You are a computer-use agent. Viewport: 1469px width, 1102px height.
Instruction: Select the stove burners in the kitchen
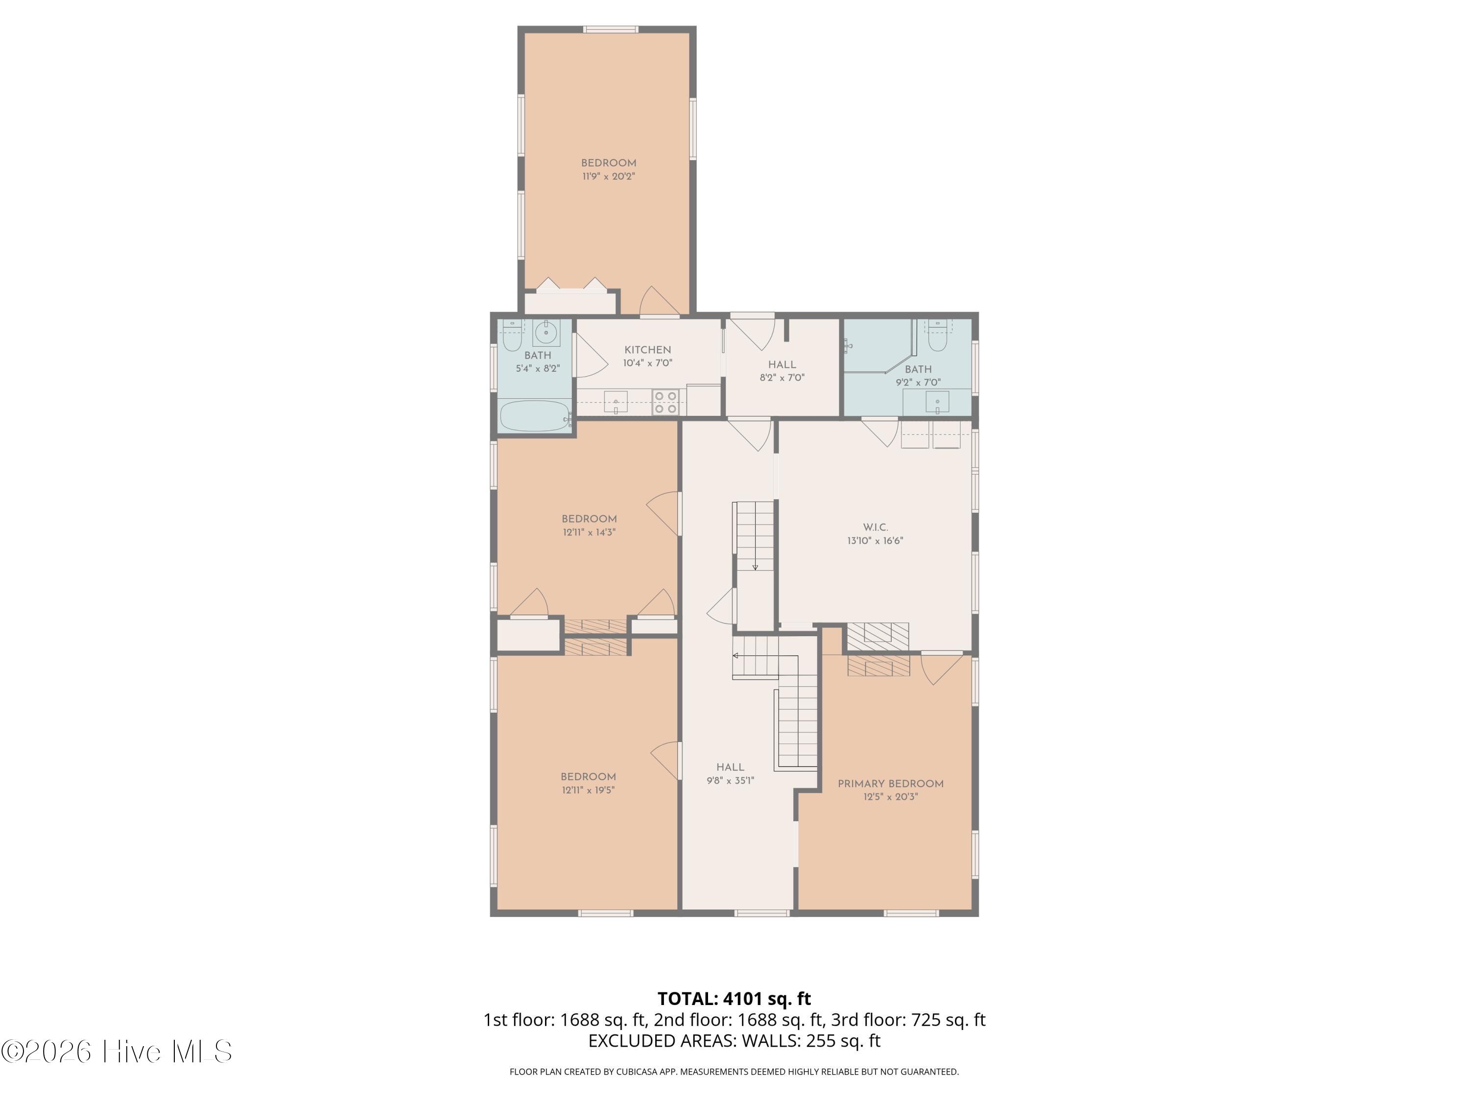pos(665,402)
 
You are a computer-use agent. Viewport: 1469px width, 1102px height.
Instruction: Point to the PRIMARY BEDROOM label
pos(890,784)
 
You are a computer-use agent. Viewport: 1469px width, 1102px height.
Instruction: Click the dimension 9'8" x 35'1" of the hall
pos(730,781)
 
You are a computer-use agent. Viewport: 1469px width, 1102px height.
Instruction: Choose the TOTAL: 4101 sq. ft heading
pos(734,998)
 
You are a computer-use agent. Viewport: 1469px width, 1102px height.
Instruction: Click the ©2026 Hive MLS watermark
pos(116,1052)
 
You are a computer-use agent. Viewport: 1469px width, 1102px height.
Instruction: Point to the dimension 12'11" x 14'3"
pos(589,532)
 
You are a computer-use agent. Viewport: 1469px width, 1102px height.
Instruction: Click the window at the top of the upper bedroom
pos(610,29)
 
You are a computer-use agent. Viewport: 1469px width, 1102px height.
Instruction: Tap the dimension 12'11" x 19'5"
pos(588,790)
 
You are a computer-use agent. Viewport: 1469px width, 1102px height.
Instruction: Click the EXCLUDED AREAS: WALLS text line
pos(734,1041)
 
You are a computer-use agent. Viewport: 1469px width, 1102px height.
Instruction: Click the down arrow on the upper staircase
pos(755,566)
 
